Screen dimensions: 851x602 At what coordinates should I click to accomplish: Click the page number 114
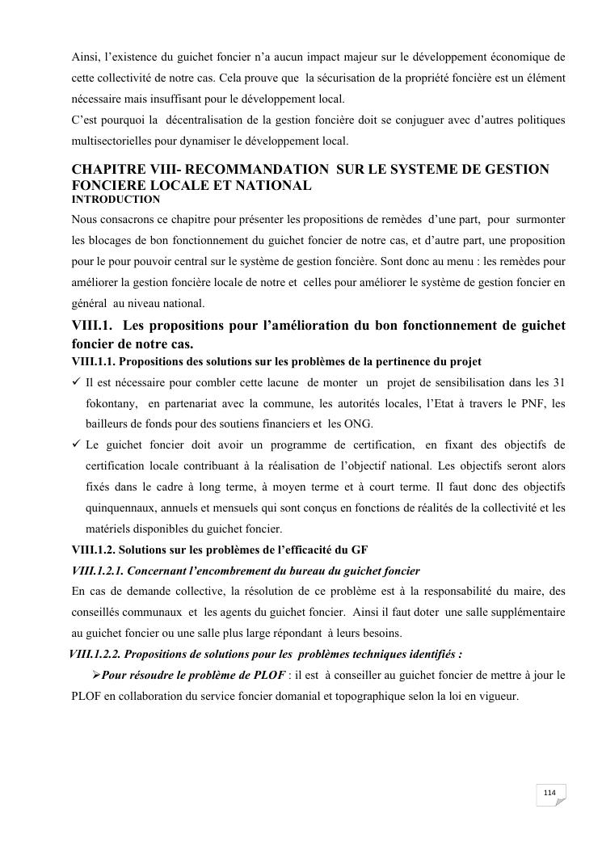point(549,792)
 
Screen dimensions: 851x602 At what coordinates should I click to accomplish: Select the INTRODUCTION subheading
point(116,199)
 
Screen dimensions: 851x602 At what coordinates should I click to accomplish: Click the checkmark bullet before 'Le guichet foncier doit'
point(77,444)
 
